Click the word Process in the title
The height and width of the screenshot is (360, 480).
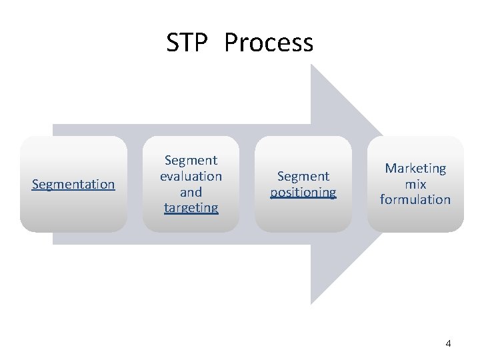tap(269, 43)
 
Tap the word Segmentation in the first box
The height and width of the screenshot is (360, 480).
tap(73, 184)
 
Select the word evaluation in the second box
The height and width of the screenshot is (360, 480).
tap(191, 176)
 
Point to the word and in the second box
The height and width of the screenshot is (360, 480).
tap(191, 192)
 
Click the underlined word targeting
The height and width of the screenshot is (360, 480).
tap(191, 208)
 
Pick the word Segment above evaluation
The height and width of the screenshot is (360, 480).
tap(191, 160)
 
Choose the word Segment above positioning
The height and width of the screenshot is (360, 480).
tap(303, 176)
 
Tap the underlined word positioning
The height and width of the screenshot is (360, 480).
tap(303, 193)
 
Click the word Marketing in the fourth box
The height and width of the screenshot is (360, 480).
tap(415, 169)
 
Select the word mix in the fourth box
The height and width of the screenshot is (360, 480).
tap(415, 184)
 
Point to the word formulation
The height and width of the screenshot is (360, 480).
tap(415, 199)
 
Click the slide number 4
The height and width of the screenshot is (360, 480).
tap(448, 344)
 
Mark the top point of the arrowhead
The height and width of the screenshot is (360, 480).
tap(312, 65)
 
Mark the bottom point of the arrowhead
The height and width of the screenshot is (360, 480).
tap(312, 304)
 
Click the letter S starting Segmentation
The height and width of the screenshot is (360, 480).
tap(35, 184)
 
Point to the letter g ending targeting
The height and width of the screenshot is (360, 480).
tap(215, 209)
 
